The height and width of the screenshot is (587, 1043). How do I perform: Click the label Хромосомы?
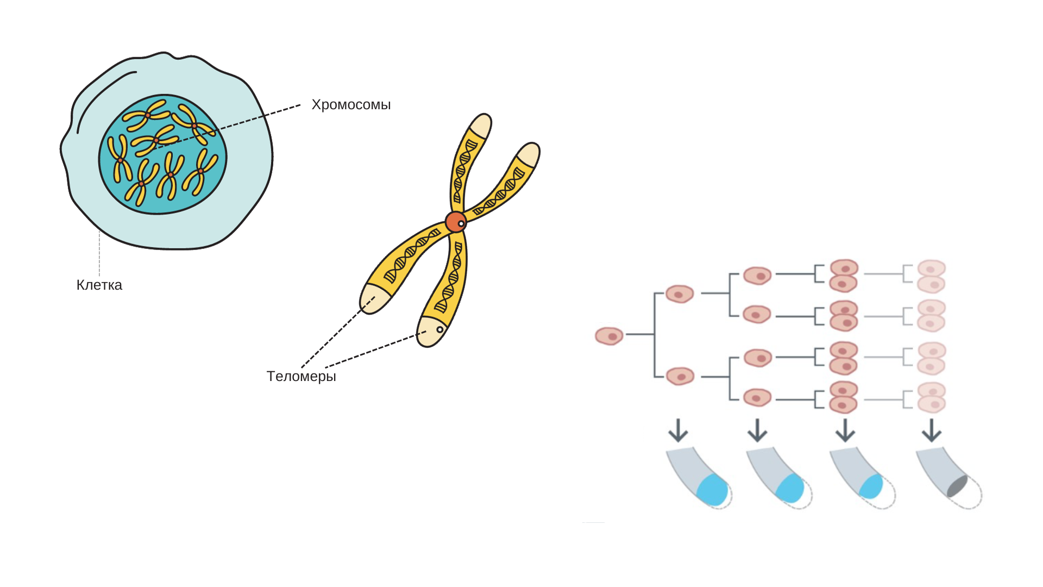click(351, 104)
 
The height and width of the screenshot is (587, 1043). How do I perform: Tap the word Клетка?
click(99, 285)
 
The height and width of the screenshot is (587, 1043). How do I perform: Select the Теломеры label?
click(301, 376)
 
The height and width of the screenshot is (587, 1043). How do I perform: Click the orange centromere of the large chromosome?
click(455, 222)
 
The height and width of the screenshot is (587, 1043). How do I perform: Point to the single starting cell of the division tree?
click(609, 336)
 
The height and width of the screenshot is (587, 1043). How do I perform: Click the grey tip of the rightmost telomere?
click(957, 486)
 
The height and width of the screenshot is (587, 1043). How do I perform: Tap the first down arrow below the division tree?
click(678, 430)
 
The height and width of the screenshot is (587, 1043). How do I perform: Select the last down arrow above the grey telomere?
click(932, 430)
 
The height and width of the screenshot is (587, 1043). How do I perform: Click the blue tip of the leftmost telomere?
click(712, 490)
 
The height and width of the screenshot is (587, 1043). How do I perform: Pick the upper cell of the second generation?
click(680, 294)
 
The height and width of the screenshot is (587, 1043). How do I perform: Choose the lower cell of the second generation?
click(680, 376)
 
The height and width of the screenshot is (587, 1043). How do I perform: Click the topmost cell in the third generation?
click(757, 276)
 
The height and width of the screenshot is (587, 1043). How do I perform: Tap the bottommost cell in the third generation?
click(757, 397)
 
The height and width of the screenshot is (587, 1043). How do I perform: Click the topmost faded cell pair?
click(932, 276)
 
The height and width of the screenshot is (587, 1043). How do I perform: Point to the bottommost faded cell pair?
click(932, 397)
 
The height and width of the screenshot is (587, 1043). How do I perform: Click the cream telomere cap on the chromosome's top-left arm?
click(481, 127)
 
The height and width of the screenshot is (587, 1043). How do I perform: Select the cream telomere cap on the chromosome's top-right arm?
click(528, 154)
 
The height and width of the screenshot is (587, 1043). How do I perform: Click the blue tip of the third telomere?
click(871, 486)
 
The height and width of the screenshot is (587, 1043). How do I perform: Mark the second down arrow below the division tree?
click(757, 430)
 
